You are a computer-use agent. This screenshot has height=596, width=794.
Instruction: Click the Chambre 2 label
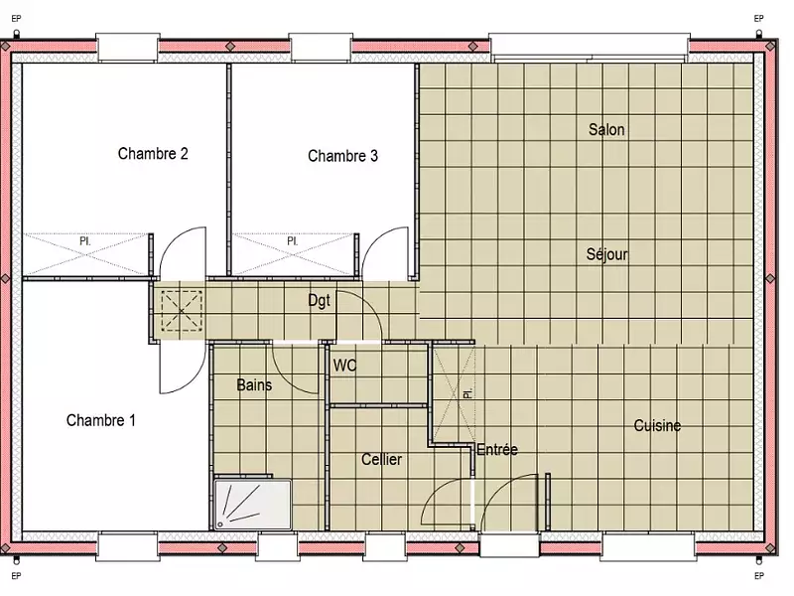tap(153, 154)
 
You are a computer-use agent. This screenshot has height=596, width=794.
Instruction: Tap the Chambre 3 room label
tap(342, 156)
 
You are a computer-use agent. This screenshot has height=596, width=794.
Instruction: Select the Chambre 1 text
tap(101, 420)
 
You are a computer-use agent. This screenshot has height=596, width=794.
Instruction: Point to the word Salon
tap(606, 130)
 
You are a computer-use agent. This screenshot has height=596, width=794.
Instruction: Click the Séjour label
tap(606, 254)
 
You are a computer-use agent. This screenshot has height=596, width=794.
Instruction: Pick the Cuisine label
tap(657, 426)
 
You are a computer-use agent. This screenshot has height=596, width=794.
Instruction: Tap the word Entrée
tap(497, 450)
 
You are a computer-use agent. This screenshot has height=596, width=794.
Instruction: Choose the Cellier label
tap(381, 460)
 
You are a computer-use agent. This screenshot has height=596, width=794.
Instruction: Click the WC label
tap(344, 366)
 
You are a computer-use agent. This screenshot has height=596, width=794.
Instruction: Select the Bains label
tap(255, 385)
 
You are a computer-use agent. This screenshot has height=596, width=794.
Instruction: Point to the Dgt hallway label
tap(319, 299)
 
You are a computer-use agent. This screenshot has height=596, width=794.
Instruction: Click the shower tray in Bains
tap(253, 503)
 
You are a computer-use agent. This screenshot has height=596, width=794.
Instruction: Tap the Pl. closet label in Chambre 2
tap(85, 241)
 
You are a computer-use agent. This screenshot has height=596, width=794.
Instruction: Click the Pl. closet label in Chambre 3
tap(293, 241)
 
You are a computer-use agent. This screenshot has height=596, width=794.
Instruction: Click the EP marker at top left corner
tap(16, 18)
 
